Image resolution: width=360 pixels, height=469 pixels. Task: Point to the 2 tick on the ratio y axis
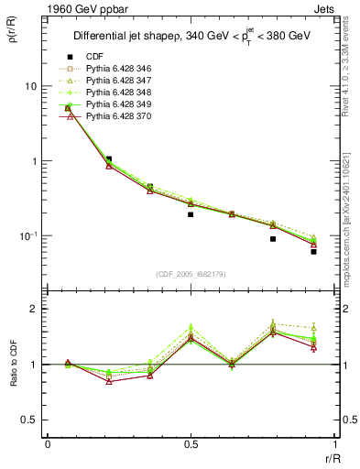(x=34, y=309)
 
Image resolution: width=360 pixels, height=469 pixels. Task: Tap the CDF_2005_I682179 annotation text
(x=190, y=274)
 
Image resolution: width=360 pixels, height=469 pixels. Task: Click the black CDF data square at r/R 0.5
(x=190, y=214)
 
